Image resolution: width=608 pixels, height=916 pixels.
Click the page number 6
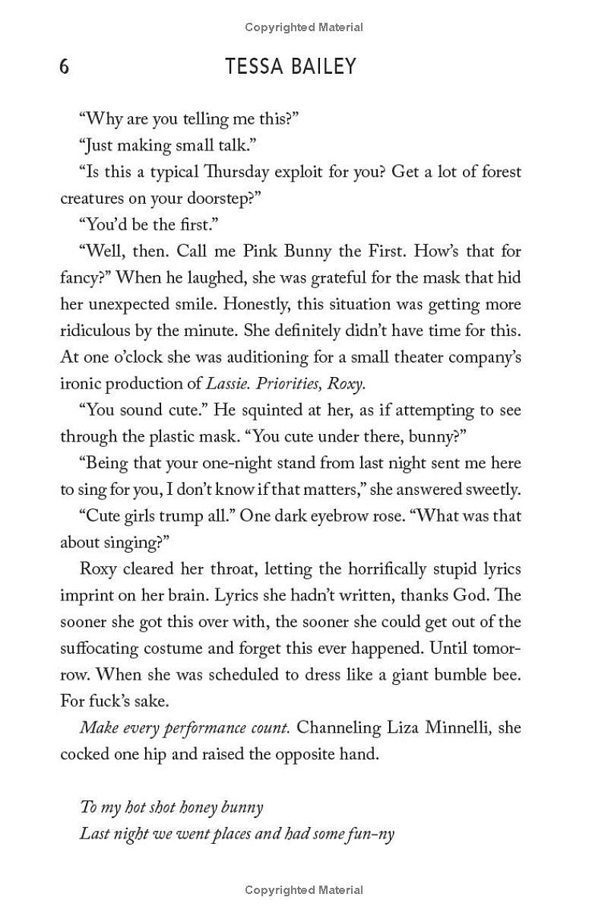(x=65, y=67)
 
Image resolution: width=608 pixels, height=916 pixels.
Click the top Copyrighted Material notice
(x=304, y=27)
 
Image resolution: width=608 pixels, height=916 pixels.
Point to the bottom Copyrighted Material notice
(x=304, y=889)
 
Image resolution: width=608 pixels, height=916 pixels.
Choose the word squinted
(x=274, y=410)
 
